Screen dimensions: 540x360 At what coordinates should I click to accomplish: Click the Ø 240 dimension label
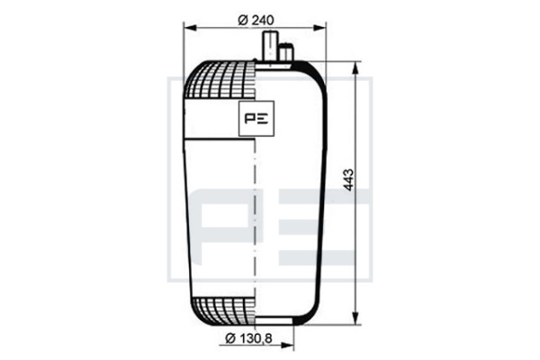(256, 20)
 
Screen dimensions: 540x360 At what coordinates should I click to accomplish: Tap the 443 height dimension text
(348, 179)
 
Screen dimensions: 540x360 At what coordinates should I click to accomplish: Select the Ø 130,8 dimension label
(248, 338)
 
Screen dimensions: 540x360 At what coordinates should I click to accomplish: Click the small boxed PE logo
(256, 119)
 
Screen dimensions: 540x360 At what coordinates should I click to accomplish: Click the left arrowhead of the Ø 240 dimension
(189, 28)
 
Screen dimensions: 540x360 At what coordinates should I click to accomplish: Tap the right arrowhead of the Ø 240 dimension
(319, 28)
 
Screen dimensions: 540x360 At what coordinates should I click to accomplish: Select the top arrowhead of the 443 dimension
(355, 68)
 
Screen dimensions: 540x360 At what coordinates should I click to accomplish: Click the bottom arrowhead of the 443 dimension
(355, 318)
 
